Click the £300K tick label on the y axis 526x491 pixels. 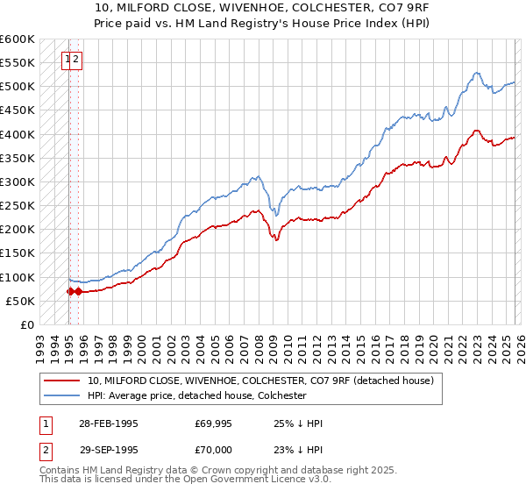17,182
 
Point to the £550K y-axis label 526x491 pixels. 17,63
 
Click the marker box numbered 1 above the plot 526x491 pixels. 68,60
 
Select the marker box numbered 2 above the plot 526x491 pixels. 76,60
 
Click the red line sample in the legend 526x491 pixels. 63,381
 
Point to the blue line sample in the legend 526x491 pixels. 63,396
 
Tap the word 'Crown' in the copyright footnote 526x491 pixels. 227,471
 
